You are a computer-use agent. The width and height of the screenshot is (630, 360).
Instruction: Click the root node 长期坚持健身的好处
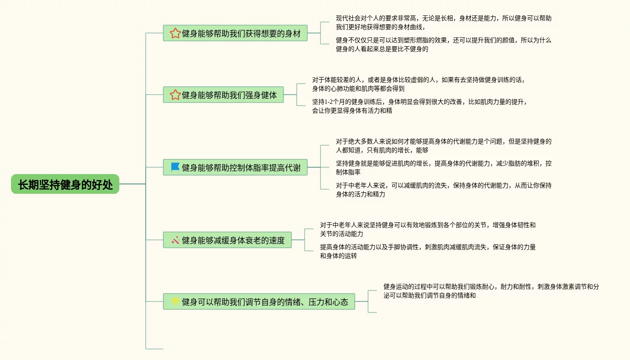[65, 184]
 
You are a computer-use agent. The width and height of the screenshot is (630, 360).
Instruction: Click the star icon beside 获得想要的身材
[175, 33]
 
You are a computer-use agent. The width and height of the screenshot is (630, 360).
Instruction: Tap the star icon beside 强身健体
[175, 95]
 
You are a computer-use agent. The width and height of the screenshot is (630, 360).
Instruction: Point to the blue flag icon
[175, 167]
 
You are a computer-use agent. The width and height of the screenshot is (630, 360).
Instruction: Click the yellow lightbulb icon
[175, 301]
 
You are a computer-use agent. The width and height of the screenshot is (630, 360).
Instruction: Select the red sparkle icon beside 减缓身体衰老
[175, 240]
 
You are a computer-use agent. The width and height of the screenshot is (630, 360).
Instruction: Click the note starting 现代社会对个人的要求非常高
[443, 22]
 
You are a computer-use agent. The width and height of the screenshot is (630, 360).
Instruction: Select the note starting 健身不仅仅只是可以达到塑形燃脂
[443, 44]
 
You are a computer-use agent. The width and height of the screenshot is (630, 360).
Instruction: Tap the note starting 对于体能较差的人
[418, 84]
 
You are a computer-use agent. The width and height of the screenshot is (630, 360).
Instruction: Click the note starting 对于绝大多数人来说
[443, 146]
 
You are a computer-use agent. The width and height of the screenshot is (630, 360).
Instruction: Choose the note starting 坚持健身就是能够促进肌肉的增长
[443, 168]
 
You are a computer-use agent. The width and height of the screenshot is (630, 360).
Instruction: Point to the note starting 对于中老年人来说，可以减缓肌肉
[443, 190]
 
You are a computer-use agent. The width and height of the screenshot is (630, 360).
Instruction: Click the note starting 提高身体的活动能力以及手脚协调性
[427, 251]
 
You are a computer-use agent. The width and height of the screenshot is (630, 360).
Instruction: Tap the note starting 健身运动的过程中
[491, 291]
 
